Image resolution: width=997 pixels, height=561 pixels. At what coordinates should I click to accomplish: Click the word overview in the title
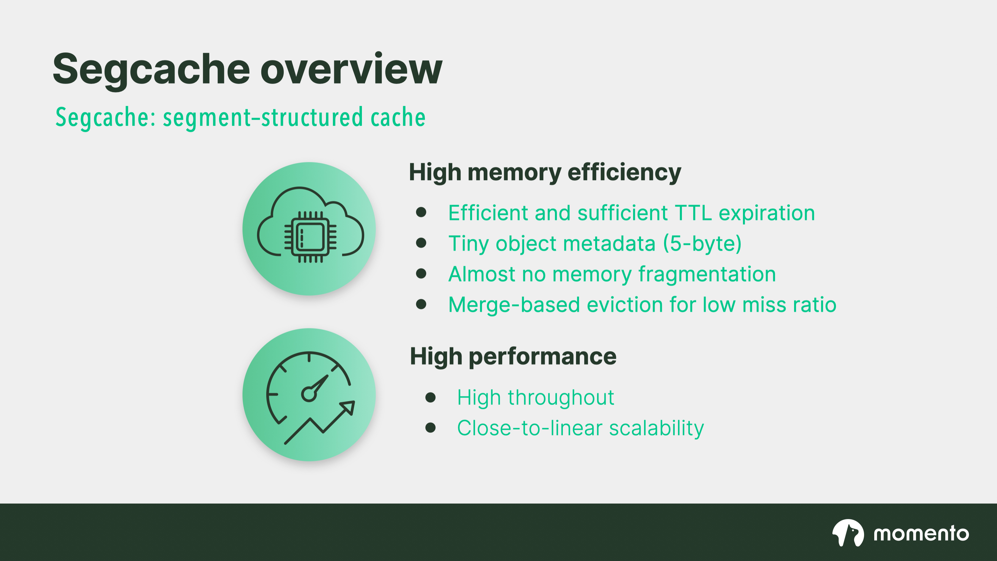351,70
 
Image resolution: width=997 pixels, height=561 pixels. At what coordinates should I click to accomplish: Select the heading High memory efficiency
545,172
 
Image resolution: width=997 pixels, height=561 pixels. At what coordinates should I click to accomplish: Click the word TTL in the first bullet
693,213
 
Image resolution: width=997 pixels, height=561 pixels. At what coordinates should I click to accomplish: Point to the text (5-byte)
702,244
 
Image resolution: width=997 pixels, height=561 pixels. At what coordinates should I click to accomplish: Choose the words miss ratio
789,305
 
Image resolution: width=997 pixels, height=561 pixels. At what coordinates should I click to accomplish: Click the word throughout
561,398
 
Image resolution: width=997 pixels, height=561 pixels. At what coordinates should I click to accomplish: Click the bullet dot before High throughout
431,398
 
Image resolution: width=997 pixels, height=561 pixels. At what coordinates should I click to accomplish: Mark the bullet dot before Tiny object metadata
421,243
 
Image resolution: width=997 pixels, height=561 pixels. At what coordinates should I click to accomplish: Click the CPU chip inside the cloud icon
310,237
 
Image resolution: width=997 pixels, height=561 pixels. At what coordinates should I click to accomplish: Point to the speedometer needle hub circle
309,395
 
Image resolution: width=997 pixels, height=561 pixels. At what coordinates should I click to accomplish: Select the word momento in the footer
921,534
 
